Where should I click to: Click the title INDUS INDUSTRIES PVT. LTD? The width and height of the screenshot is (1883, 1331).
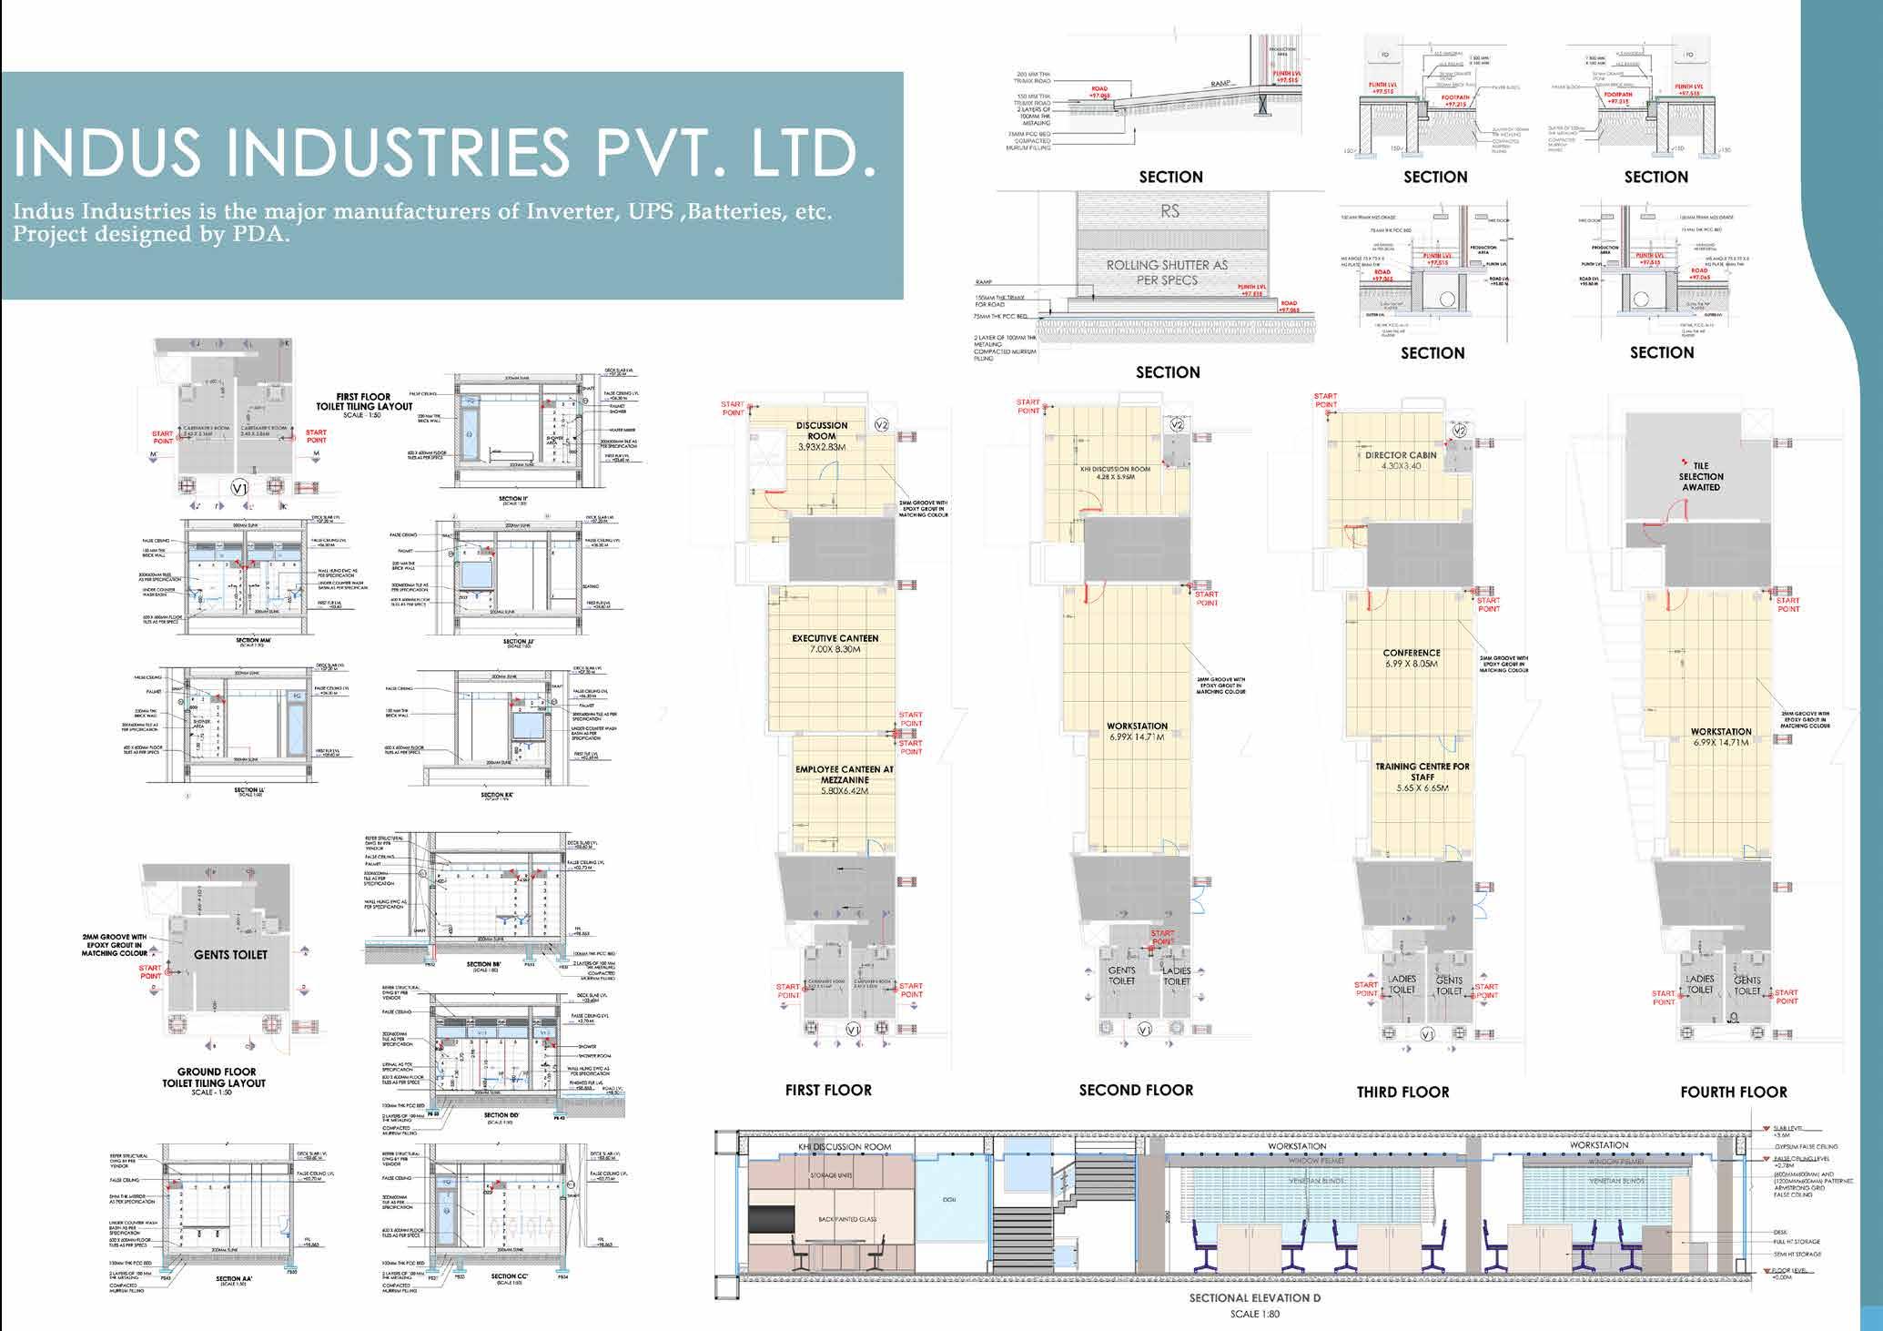tap(445, 156)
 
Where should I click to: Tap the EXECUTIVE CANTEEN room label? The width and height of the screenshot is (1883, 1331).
tap(835, 638)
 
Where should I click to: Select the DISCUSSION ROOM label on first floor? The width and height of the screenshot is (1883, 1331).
tap(821, 431)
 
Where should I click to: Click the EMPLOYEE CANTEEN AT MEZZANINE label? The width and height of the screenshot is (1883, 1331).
tap(844, 775)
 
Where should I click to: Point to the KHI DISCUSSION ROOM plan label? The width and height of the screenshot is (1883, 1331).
tap(1115, 469)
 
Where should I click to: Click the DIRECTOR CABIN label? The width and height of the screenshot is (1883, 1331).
tap(1400, 455)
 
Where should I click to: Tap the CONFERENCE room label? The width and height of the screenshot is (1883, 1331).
tap(1411, 653)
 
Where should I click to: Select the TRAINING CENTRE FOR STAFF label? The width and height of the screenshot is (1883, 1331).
tap(1422, 772)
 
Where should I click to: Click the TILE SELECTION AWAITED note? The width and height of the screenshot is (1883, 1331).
tap(1700, 476)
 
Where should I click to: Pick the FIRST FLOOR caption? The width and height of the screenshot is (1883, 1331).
tap(828, 1090)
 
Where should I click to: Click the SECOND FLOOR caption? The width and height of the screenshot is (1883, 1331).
tap(1135, 1090)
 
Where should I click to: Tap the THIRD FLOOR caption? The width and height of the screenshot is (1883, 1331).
tap(1402, 1092)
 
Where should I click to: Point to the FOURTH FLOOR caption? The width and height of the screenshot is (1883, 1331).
tap(1733, 1092)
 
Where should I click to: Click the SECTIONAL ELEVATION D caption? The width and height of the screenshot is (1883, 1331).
tap(1254, 1298)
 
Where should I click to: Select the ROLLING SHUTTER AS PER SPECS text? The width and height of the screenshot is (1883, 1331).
tap(1167, 271)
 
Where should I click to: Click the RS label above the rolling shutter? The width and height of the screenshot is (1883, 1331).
tap(1169, 211)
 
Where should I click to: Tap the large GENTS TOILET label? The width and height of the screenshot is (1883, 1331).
tap(230, 954)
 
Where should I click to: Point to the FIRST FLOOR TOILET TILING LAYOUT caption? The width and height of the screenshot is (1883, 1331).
tap(363, 401)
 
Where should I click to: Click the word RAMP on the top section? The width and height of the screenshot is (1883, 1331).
tap(1220, 84)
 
